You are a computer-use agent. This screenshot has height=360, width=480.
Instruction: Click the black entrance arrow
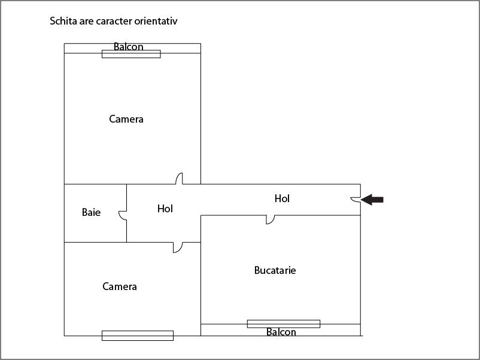(x=372, y=200)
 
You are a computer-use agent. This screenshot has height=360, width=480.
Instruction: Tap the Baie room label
(x=91, y=212)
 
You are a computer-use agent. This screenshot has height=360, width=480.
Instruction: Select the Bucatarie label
(x=275, y=270)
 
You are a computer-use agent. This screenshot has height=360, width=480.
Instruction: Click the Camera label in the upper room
(x=126, y=119)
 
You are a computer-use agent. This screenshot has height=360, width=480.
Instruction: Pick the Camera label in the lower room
(x=119, y=286)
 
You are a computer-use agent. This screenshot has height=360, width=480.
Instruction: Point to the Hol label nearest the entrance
(x=282, y=199)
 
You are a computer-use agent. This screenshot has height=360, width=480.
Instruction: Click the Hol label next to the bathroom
(x=165, y=209)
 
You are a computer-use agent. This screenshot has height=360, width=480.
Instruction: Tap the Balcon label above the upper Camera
(x=129, y=47)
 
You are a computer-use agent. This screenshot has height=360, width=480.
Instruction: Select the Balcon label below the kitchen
(x=281, y=332)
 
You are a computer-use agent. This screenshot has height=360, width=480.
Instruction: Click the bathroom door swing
(x=123, y=215)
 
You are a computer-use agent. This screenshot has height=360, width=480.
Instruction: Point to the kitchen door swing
(x=271, y=219)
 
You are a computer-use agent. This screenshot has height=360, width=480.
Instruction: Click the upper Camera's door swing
(x=179, y=179)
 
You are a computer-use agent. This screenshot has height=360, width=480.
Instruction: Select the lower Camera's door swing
(x=178, y=248)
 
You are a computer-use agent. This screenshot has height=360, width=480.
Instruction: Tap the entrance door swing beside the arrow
(x=356, y=199)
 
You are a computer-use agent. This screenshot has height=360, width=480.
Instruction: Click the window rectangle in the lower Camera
(x=138, y=335)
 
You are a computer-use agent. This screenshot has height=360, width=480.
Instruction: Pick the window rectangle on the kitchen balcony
(x=284, y=324)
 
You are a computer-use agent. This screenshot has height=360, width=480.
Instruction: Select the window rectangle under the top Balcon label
(x=131, y=54)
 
